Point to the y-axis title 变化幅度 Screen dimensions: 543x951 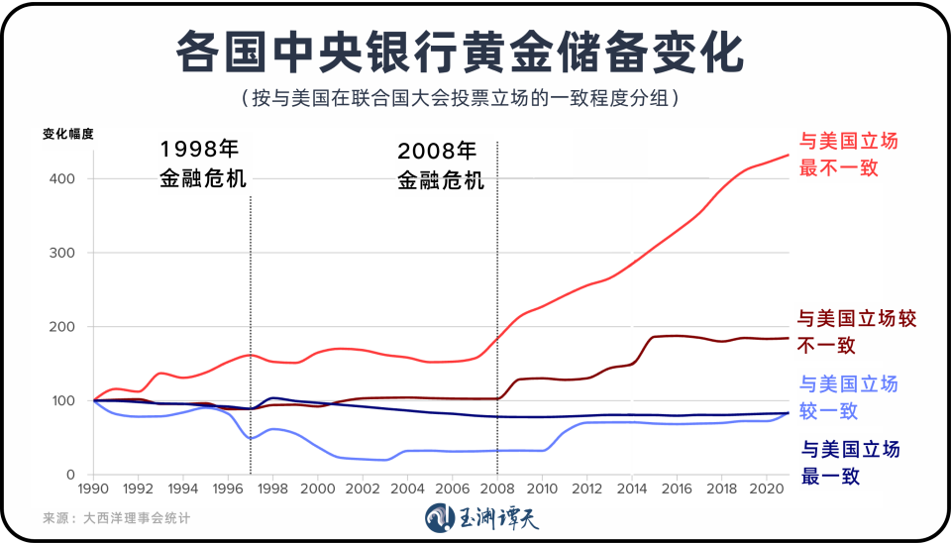[x=67, y=135]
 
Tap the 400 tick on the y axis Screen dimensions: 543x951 [x=65, y=179]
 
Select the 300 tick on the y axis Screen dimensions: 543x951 [x=65, y=254]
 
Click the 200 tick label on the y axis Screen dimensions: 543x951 [x=65, y=327]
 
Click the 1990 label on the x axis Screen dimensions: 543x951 [x=94, y=489]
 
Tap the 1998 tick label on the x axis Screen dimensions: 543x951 [x=272, y=489]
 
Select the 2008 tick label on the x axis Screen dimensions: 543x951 [x=496, y=489]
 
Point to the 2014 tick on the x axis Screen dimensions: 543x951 [x=631, y=489]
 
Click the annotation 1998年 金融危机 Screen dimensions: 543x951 [x=202, y=164]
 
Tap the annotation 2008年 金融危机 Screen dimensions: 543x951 [x=440, y=165]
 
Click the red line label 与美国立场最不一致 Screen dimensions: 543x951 [x=848, y=155]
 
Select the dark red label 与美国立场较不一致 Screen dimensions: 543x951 [x=856, y=332]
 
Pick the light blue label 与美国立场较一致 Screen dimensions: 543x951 [x=848, y=397]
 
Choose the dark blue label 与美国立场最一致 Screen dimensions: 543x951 [x=849, y=462]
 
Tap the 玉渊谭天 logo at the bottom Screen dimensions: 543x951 [x=479, y=517]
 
